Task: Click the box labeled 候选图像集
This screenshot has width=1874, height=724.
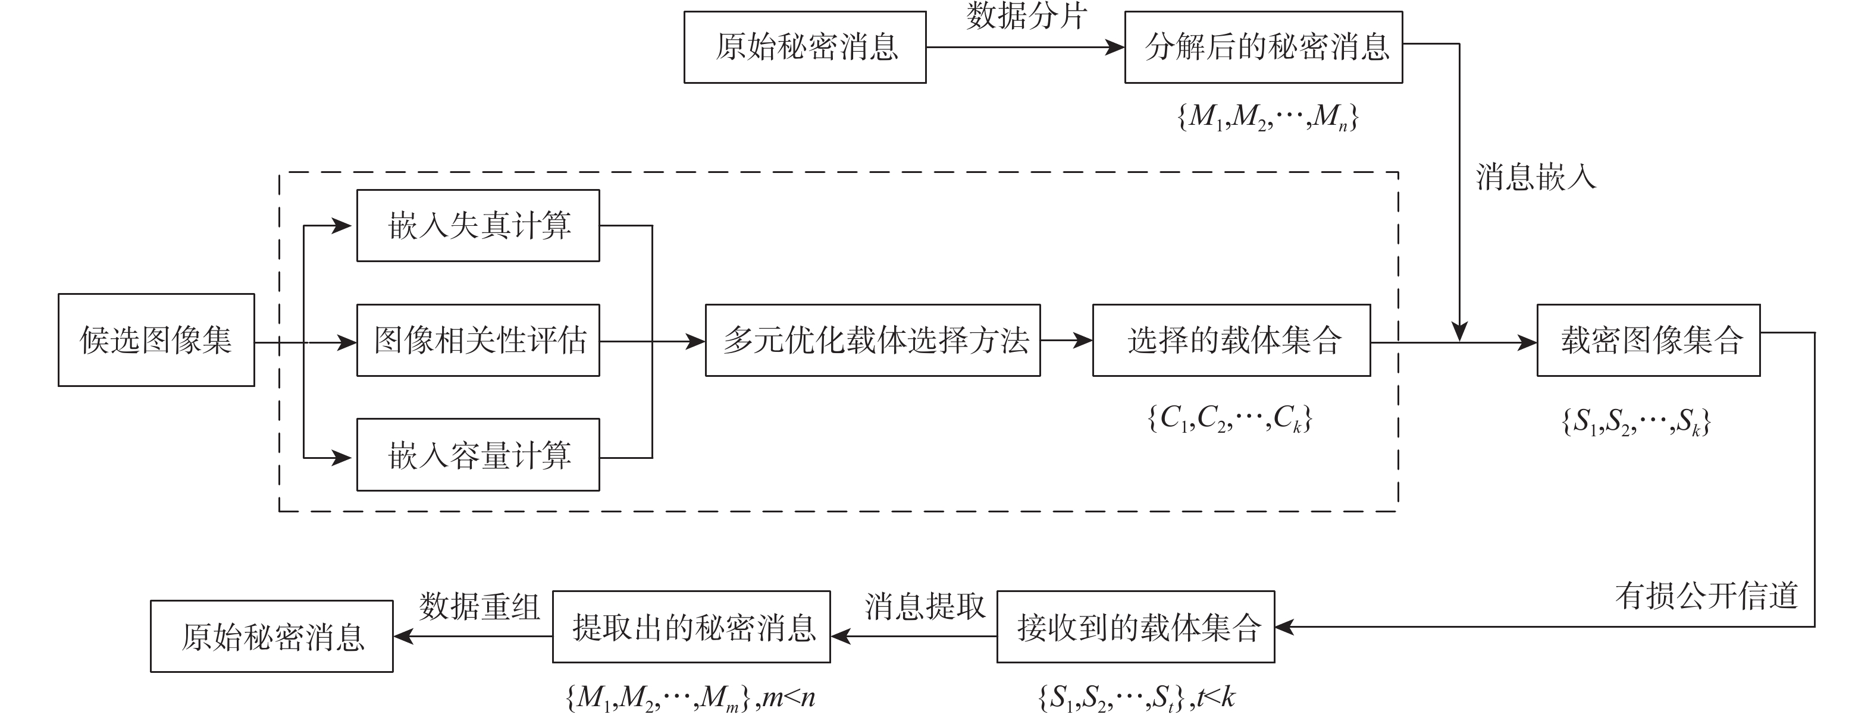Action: [x=156, y=339]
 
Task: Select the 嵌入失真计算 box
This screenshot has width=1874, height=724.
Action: [x=478, y=225]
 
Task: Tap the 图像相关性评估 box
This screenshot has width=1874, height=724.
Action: [x=478, y=340]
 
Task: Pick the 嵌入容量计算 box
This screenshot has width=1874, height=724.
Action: [x=478, y=455]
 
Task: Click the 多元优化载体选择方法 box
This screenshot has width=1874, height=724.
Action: [x=872, y=340]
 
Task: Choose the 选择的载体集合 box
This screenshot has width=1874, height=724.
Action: [x=1231, y=340]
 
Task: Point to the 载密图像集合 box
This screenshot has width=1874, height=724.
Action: [x=1648, y=340]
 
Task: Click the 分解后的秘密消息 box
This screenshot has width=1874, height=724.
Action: [x=1263, y=47]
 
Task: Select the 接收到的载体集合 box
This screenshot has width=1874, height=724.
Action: [x=1135, y=627]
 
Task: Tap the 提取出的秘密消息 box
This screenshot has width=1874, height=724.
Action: [x=691, y=627]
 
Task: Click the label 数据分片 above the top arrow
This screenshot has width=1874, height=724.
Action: [x=1026, y=16]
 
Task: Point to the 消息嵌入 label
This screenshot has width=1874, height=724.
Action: [x=1535, y=177]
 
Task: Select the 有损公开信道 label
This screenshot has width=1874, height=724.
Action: [x=1706, y=596]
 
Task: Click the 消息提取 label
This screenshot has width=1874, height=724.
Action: [x=925, y=606]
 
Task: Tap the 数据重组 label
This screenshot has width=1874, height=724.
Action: [x=480, y=606]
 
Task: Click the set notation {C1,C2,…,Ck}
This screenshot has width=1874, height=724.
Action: [x=1230, y=418]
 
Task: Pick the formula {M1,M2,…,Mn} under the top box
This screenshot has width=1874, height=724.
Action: [x=1267, y=117]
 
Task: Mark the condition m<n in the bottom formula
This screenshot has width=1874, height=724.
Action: [x=789, y=698]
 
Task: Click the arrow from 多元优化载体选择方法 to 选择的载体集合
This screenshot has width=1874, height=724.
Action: [x=1067, y=340]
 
